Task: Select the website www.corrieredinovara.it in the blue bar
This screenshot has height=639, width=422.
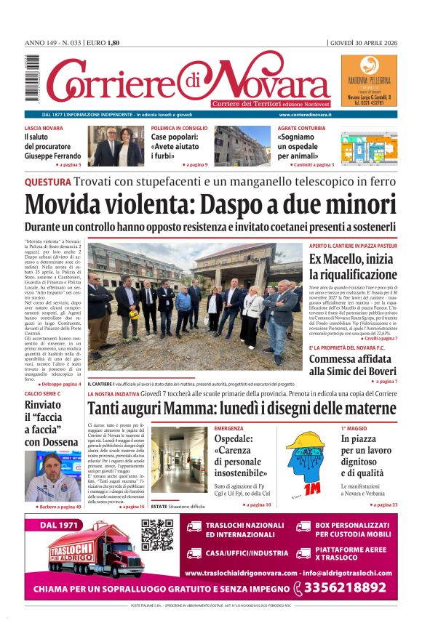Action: coord(305,115)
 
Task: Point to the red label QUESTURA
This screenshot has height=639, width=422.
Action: coord(47,181)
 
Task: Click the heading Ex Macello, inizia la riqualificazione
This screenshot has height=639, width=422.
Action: coord(353,267)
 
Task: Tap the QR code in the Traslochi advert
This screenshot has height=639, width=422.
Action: coord(157,535)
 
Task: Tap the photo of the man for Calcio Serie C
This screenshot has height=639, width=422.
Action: coord(53,477)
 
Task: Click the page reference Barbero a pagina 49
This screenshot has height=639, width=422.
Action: coord(56,506)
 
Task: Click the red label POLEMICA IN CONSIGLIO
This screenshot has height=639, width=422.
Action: coord(180,128)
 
